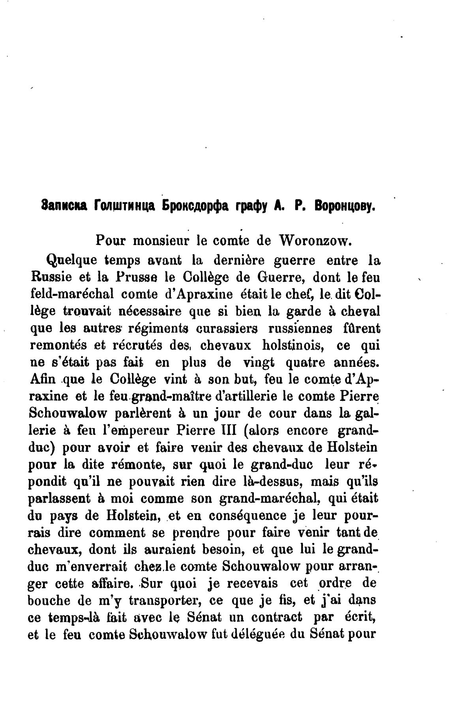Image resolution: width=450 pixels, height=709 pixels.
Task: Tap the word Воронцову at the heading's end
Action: (344, 206)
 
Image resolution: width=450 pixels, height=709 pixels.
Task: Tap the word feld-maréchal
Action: (66, 294)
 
